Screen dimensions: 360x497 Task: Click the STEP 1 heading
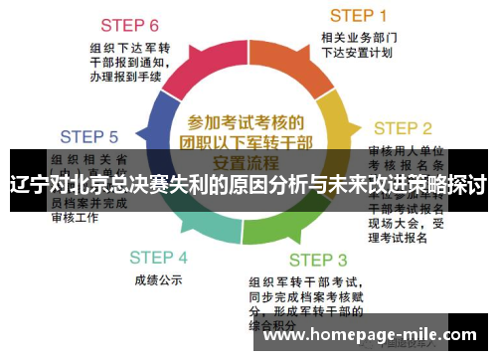(x=359, y=15)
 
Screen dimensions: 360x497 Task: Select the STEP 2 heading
(x=402, y=128)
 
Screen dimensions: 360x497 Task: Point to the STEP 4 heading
(x=157, y=257)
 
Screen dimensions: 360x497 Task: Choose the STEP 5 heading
(x=88, y=137)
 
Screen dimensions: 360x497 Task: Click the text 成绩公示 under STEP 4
(x=157, y=280)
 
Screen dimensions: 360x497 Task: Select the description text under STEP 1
(x=359, y=46)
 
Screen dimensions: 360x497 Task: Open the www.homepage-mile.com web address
(x=372, y=335)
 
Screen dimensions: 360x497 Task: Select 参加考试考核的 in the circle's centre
(x=246, y=122)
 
